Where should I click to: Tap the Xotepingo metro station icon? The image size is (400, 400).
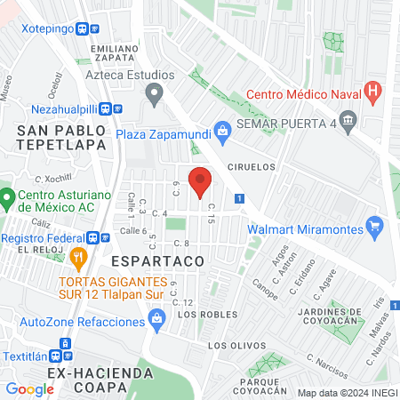[83, 28]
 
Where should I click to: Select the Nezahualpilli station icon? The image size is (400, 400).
[105, 109]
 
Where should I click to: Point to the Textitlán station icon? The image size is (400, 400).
[64, 344]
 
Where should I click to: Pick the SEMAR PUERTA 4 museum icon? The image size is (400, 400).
[348, 120]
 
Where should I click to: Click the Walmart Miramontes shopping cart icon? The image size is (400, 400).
[376, 228]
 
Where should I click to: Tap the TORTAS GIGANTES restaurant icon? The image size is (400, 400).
[78, 259]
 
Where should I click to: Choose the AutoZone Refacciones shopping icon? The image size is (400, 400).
[157, 316]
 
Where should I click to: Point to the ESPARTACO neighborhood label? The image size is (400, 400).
[158, 261]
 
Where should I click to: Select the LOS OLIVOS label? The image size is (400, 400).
[236, 345]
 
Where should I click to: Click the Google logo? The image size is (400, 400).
[29, 389]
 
